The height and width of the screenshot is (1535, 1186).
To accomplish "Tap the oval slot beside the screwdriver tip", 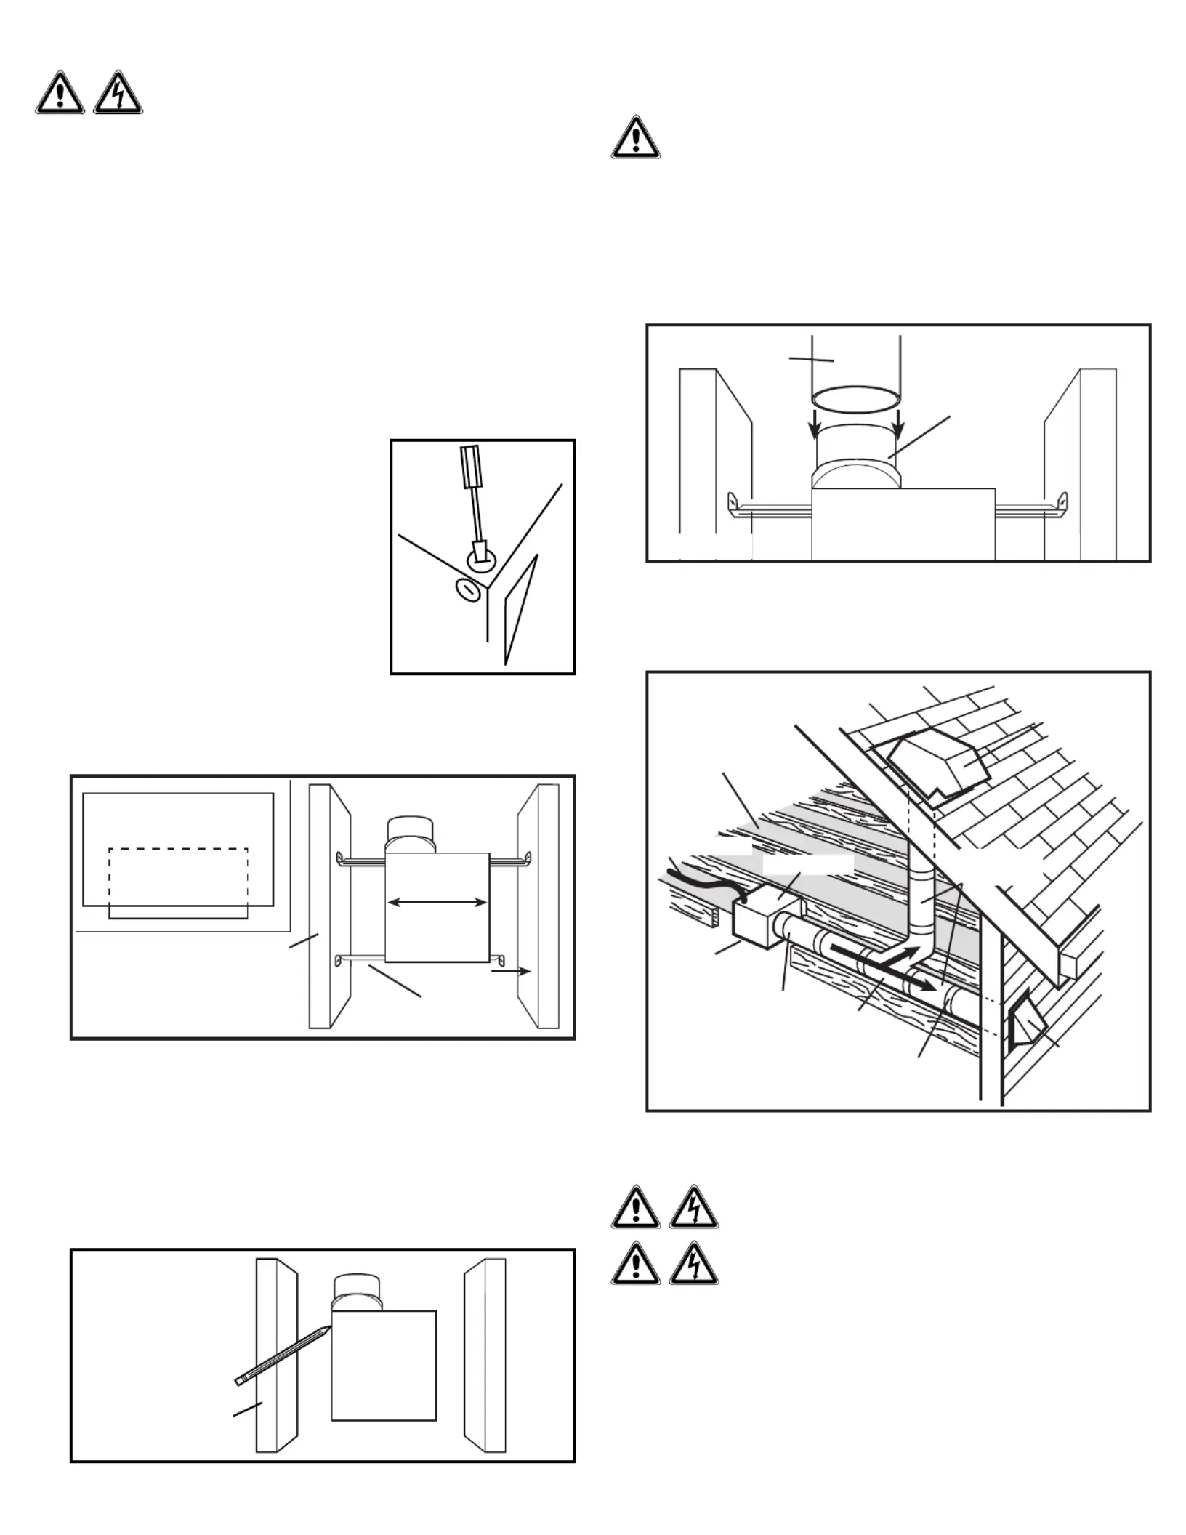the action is (x=469, y=589).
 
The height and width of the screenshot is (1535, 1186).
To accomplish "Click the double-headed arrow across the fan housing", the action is (x=437, y=903).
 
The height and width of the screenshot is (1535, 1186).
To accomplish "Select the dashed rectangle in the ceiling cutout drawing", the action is (x=179, y=883).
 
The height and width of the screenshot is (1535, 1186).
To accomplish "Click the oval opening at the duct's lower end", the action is (x=856, y=398).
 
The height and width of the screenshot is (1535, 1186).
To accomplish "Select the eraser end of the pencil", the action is (x=240, y=1379).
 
